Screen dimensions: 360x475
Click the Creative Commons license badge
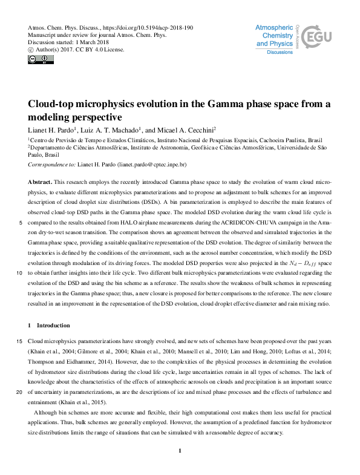tap(38, 59)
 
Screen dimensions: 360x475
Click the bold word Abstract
tap(40, 182)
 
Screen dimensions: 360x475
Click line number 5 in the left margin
tap(22, 223)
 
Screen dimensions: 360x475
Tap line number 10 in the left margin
tap(21, 274)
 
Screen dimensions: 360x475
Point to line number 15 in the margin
tap(21, 342)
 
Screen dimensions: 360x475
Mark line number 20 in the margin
tap(21, 392)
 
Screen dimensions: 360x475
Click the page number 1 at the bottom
tap(180, 450)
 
